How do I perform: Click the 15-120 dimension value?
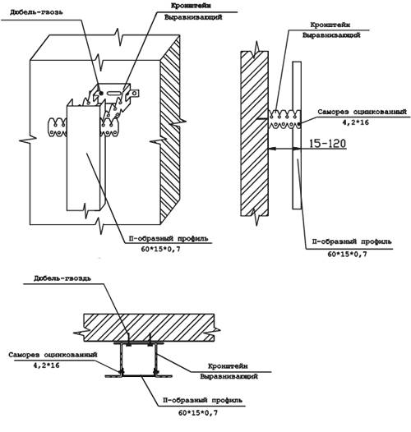pos(327,144)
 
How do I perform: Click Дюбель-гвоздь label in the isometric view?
pos(36,12)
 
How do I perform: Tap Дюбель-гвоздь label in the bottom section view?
pos(62,278)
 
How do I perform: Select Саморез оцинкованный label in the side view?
pos(362,112)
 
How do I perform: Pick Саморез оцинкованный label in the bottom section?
pos(53,355)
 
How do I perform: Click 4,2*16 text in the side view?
pos(356,122)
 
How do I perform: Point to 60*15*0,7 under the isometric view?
pos(161,250)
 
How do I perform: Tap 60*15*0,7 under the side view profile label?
pos(347,254)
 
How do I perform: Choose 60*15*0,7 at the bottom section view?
pos(198,413)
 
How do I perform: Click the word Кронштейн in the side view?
pos(330,25)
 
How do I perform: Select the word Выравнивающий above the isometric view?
pos(193,17)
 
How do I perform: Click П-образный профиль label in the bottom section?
pos(202,400)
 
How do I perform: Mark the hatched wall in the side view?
pos(254,133)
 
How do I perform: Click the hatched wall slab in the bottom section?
pos(149,328)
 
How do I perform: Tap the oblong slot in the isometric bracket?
pos(113,94)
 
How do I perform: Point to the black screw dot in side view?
pos(299,124)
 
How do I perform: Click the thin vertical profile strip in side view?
pos(297,135)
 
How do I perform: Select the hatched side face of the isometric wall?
pos(170,130)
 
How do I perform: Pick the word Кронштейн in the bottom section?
pos(228,366)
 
